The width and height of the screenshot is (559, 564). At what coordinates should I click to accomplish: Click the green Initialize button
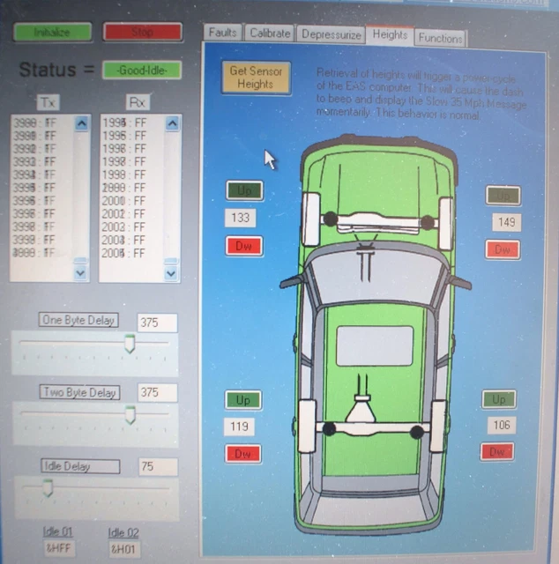pos(51,33)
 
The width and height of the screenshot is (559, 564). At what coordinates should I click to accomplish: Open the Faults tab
pos(222,33)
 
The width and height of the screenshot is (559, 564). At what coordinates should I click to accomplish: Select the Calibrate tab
pos(269,33)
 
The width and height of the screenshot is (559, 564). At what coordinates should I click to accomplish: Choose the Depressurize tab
pos(330,34)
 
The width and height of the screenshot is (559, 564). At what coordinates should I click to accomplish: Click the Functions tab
pos(440,38)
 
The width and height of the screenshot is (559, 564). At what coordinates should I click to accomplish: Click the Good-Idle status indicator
pos(141,70)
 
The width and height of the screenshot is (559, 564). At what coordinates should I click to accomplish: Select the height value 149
pos(506,222)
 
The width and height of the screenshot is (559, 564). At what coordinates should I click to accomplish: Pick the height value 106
pos(500,426)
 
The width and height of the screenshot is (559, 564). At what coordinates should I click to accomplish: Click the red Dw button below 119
pos(242,454)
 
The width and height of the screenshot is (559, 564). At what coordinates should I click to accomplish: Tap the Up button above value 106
pos(498,399)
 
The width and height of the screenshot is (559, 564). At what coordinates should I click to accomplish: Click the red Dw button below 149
pos(503,249)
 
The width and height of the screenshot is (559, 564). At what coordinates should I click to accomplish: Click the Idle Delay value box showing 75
pos(157,466)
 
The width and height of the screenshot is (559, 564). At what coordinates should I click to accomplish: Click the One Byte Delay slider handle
pos(130,344)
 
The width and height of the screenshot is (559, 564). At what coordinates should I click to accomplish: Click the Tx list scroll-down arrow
pos(81,273)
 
